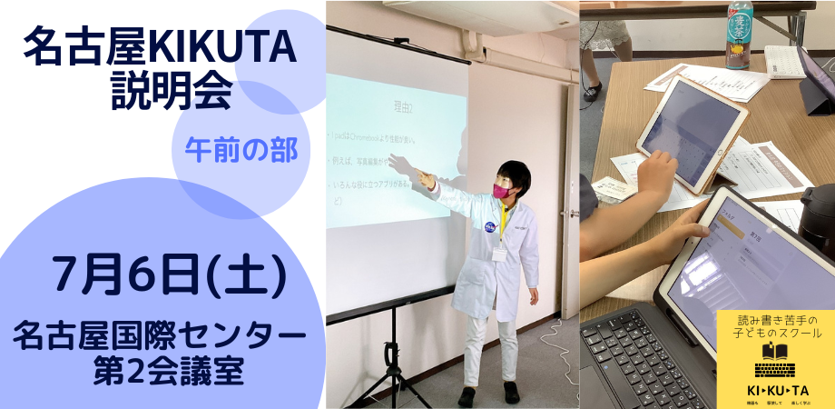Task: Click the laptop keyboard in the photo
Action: (635, 359)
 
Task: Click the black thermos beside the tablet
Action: (817, 218)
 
